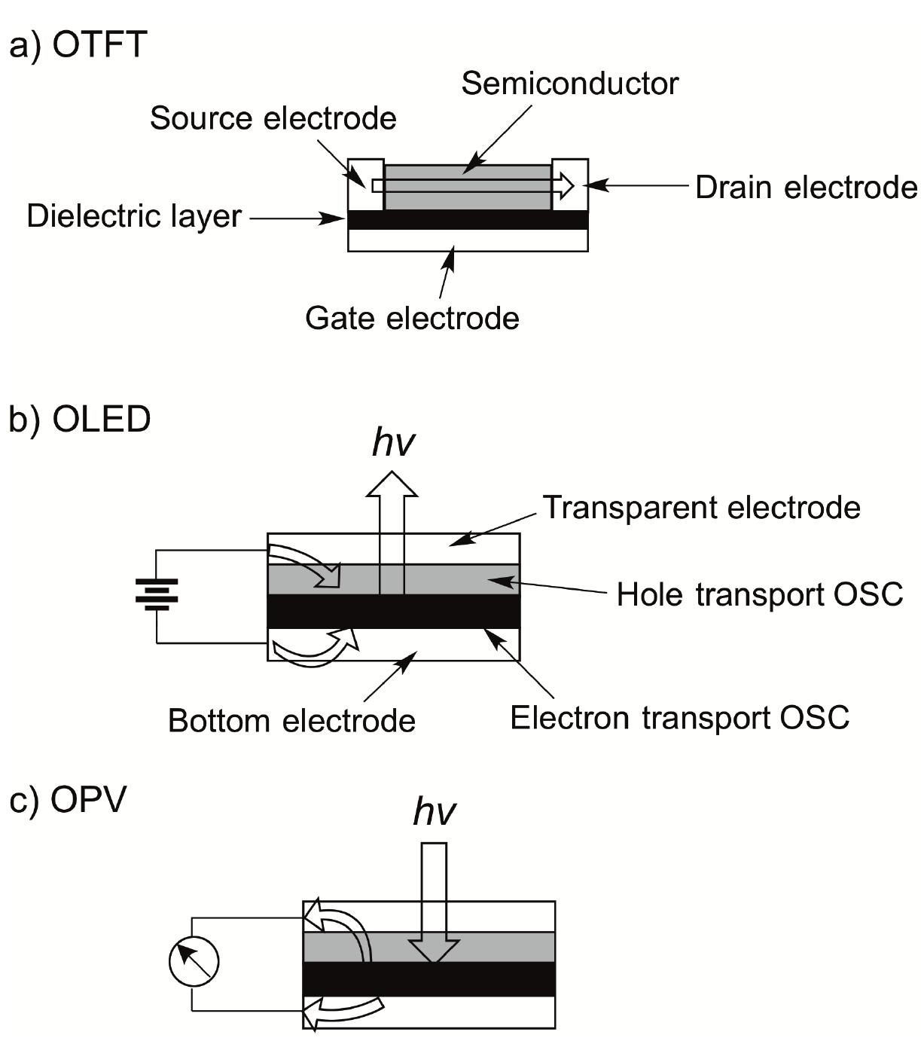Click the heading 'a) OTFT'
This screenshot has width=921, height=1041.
click(x=78, y=44)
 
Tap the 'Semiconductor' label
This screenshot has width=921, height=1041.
click(x=569, y=84)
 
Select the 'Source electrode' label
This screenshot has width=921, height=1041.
click(x=273, y=118)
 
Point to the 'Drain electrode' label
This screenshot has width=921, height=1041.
click(x=806, y=188)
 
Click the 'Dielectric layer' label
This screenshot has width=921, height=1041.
click(x=134, y=217)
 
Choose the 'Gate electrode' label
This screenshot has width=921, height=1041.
click(x=412, y=318)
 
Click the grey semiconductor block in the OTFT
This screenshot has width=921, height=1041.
click(x=467, y=197)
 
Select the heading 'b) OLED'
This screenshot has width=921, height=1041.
click(x=80, y=419)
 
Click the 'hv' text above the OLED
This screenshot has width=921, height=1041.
click(x=393, y=444)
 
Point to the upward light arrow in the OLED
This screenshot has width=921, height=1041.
click(x=392, y=520)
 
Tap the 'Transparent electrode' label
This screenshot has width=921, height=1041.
click(x=701, y=508)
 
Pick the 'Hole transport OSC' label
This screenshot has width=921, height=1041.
click(x=759, y=594)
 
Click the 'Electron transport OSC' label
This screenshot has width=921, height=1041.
click(x=679, y=718)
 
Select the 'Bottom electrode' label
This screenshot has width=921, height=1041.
click(x=291, y=721)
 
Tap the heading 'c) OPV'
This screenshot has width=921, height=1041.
click(x=68, y=800)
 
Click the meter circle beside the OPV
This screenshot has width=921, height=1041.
click(x=194, y=962)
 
